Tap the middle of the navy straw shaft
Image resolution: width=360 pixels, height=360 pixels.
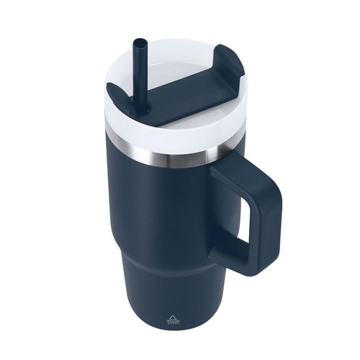point(138,76)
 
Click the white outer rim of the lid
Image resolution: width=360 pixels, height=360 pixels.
point(166,133)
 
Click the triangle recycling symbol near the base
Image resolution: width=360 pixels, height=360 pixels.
point(170,316)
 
